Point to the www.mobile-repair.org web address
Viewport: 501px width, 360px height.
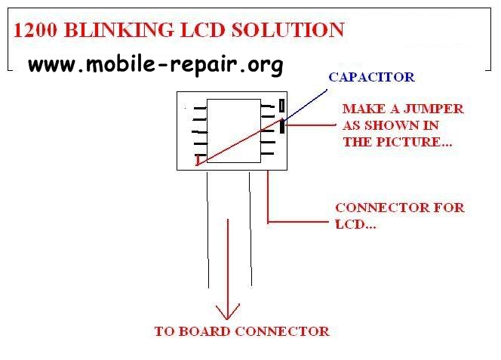(x=155, y=64)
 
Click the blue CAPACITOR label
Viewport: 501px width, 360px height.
(x=371, y=77)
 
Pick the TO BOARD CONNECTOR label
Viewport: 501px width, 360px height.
(x=241, y=331)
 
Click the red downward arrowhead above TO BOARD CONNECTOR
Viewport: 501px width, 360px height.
(x=228, y=312)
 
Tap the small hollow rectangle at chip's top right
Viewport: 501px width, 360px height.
(x=282, y=106)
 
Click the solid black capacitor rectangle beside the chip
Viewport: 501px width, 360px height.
(x=282, y=126)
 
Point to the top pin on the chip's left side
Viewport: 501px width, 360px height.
(x=199, y=108)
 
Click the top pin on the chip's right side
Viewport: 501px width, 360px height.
(x=268, y=107)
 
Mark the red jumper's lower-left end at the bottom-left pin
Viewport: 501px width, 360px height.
(x=200, y=162)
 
